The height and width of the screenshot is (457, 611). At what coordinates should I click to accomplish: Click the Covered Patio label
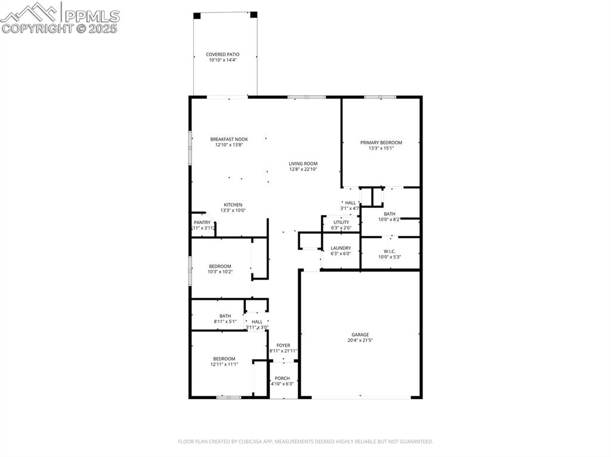[x=223, y=54]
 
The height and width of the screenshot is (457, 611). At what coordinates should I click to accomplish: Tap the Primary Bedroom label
[x=381, y=142]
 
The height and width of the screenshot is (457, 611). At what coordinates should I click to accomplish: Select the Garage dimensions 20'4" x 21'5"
[x=359, y=341]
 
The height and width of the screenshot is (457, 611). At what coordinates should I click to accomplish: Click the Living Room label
[x=303, y=163]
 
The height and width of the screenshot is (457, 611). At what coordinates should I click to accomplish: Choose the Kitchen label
[x=233, y=204]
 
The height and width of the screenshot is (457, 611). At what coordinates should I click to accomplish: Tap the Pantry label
[x=202, y=222]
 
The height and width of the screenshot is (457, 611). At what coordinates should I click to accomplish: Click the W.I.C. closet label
[x=389, y=251]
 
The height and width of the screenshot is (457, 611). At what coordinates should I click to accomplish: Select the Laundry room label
[x=341, y=248]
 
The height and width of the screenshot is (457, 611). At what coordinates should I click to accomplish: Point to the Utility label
[x=341, y=222]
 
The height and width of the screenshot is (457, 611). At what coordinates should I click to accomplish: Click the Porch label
[x=282, y=378]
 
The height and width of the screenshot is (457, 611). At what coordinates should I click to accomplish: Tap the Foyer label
[x=283, y=346]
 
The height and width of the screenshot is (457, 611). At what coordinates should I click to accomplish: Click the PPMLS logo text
[x=91, y=16]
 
